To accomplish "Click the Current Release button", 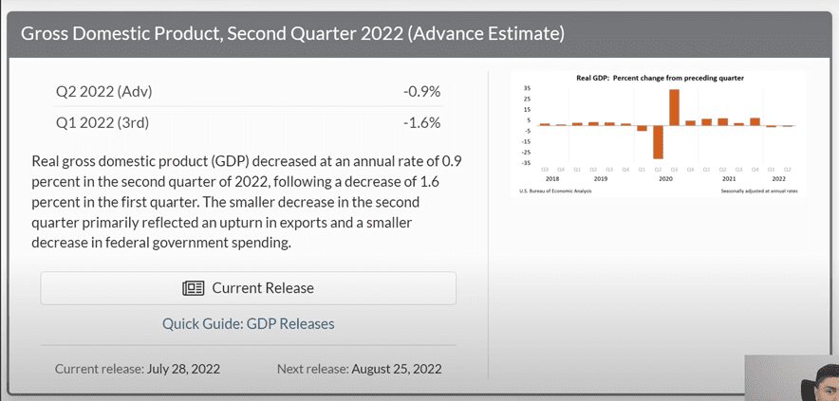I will pos(248,288).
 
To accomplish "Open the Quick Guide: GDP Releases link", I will pos(248,324).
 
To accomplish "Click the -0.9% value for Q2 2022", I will pos(421,92).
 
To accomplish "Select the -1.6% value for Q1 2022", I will pos(421,122).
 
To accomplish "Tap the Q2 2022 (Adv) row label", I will pos(104,92).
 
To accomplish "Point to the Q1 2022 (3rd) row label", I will pos(103,122).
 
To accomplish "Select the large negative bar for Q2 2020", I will pos(658,141).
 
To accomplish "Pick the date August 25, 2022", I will pos(396,369).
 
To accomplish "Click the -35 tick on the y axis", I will pos(526,162).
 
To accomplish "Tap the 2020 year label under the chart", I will pos(665,177).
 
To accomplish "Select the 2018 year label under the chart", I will pos(552,177).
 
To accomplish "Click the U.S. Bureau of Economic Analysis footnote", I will pos(553,191).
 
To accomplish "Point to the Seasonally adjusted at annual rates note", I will pos(759,191).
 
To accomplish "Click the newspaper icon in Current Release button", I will pos(193,288).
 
